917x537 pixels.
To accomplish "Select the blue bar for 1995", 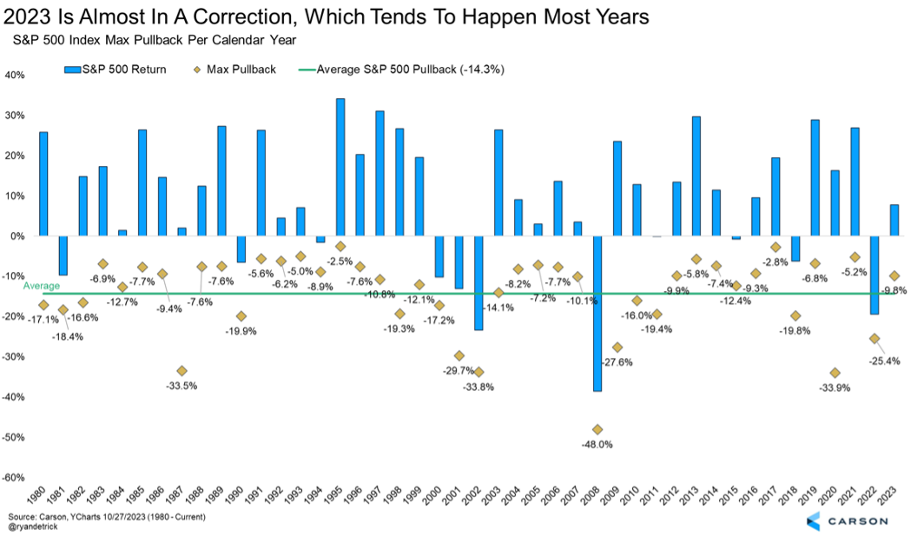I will coord(340,167).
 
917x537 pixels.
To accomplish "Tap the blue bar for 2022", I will coord(874,275).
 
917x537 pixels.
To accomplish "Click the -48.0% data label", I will coord(597,444).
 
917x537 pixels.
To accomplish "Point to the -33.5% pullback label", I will coord(181,386).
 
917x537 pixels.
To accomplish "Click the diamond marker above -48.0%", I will coord(597,429).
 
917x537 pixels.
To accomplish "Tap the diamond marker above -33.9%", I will coord(835,373).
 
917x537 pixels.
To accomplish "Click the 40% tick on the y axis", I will coord(16,75).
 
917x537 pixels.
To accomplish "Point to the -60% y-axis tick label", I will coord(15,477).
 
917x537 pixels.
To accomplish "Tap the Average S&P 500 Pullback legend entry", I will coord(408,69).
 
